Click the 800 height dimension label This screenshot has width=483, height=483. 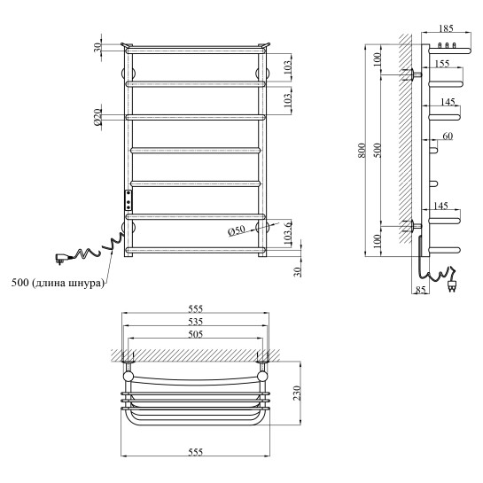(362, 151)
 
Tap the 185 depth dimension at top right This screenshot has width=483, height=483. (446, 28)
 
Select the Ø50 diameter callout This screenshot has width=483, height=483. (237, 230)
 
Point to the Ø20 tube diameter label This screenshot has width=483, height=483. (97, 117)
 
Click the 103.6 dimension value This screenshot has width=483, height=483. (287, 232)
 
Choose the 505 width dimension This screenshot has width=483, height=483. (195, 334)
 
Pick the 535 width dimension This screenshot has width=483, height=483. (195, 322)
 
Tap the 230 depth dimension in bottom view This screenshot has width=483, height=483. (297, 393)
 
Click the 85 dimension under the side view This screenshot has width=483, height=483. (420, 290)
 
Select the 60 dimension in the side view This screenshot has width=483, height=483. (448, 136)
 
